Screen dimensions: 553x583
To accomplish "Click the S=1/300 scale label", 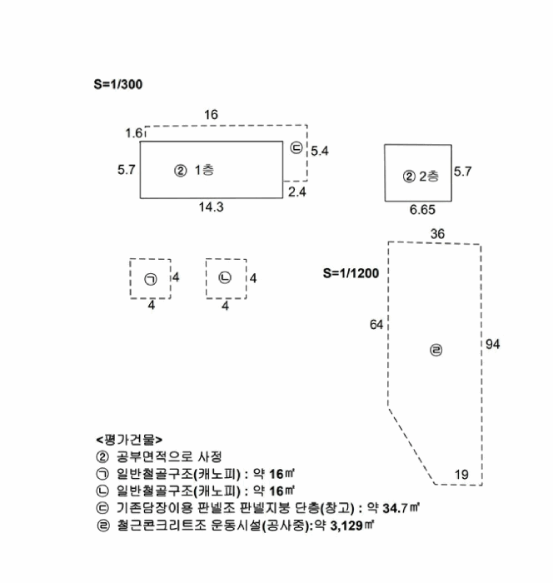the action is (118, 84).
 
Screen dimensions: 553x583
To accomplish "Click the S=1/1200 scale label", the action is (351, 273).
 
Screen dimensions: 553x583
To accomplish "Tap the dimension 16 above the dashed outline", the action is (211, 115).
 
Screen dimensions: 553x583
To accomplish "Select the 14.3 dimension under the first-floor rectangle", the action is (212, 207).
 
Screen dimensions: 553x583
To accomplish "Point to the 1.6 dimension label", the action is (133, 132).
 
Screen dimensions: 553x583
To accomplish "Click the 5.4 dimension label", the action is (320, 151).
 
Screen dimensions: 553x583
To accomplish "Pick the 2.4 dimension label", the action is (297, 192).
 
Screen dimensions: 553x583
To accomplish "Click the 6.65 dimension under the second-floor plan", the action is (422, 210).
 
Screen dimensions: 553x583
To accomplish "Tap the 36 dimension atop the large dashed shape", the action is (437, 234).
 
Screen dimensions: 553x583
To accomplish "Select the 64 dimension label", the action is (376, 325).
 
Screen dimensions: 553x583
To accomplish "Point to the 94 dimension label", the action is (492, 344).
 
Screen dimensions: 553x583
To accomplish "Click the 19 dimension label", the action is (461, 475).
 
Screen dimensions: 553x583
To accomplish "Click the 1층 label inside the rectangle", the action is (204, 170).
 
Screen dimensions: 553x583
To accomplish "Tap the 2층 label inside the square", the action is (429, 176).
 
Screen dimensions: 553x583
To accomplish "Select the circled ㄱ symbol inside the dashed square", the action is (151, 279).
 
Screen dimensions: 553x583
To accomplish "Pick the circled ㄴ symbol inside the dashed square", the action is (225, 277).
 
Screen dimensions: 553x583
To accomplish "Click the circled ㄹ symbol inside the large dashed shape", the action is (436, 350).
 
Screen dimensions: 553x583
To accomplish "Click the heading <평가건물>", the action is (129, 440).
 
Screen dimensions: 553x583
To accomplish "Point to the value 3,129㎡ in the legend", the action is (351, 526).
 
